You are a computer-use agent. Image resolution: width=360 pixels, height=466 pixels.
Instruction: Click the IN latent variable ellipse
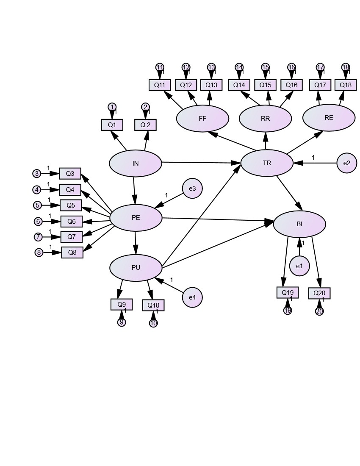(x=136, y=163)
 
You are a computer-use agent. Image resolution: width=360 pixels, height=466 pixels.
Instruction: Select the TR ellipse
(x=267, y=163)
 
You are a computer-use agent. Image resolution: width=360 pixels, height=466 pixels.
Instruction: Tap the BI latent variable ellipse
(x=299, y=224)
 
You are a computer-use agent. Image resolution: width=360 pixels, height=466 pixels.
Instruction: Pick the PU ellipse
(x=136, y=268)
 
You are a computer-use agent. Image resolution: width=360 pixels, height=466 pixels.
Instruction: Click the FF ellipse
(x=202, y=118)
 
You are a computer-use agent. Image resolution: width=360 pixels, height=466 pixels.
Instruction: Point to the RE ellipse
(x=329, y=118)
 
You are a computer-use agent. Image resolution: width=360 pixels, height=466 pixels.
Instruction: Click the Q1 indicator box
(x=112, y=125)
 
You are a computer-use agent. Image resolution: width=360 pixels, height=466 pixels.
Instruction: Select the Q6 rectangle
(x=71, y=221)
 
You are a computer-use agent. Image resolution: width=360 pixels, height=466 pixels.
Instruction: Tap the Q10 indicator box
(x=153, y=305)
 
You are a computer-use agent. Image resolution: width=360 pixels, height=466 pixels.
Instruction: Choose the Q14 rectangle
(x=239, y=85)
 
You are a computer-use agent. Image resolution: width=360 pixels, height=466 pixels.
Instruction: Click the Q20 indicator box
(x=319, y=293)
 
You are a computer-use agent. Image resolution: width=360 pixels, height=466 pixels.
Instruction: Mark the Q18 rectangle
(x=346, y=85)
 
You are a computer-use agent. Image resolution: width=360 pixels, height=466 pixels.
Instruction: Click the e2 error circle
(x=347, y=163)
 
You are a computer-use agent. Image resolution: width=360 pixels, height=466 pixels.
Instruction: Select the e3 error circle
(x=192, y=189)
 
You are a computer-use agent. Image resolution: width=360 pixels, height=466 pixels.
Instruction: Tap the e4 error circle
(x=192, y=297)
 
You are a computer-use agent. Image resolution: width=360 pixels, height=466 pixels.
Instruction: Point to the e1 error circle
(x=299, y=266)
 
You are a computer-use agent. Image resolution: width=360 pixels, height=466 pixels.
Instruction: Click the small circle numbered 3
(x=37, y=173)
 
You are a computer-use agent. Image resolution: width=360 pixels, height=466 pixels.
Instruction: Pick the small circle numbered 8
(x=39, y=252)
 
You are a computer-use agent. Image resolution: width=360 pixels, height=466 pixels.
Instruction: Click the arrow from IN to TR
(x=201, y=163)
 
